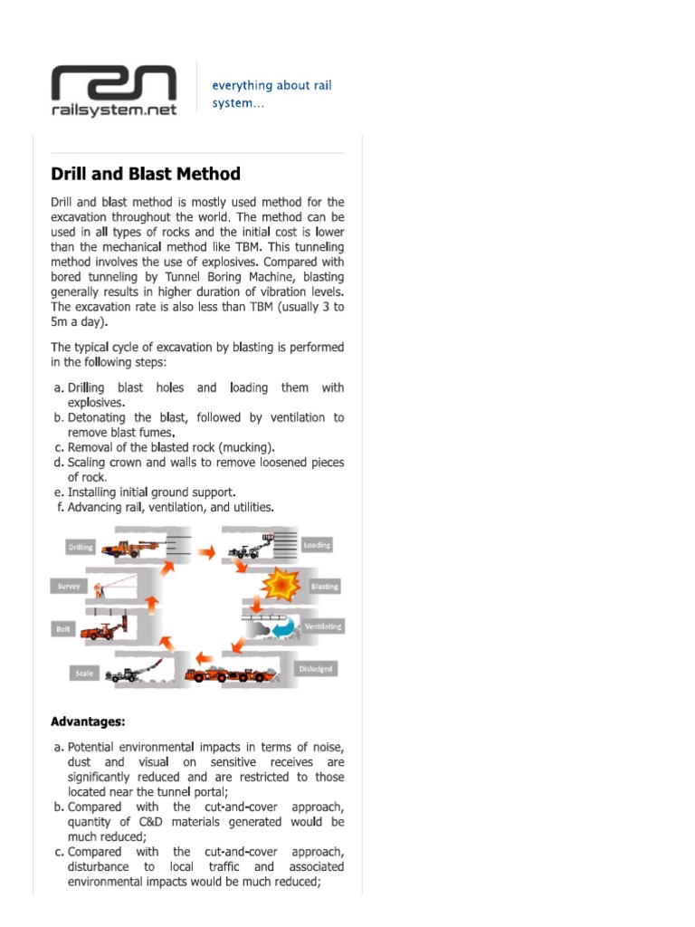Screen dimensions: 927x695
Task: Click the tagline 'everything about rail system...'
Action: click(271, 94)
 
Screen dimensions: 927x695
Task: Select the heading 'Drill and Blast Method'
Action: click(146, 174)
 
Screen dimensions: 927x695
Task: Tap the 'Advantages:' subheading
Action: click(88, 722)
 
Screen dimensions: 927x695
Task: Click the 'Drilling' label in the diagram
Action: click(80, 548)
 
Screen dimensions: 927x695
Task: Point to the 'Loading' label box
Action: click(317, 545)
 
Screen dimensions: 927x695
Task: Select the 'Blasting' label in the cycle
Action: click(323, 586)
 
